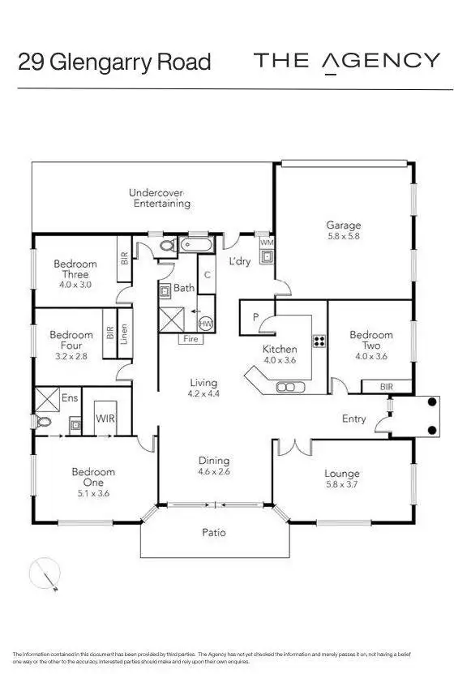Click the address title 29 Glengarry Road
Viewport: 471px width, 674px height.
point(114,62)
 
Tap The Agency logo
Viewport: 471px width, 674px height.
point(347,61)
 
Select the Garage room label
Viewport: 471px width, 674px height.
point(344,225)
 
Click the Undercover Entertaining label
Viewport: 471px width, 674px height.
point(161,198)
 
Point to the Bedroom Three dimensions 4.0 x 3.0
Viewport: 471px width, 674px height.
point(75,285)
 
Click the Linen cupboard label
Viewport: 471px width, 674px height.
point(124,334)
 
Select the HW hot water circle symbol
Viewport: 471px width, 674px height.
point(206,323)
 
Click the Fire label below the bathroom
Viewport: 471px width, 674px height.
point(191,338)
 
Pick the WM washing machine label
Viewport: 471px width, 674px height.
point(266,243)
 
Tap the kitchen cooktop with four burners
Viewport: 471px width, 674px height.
point(319,342)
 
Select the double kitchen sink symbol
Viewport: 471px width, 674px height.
point(288,387)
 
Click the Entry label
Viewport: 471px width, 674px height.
point(354,419)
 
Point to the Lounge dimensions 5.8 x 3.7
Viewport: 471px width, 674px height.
point(341,485)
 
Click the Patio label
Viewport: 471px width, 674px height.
point(214,533)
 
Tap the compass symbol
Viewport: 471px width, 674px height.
point(45,575)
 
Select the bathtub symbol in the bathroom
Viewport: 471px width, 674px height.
point(195,243)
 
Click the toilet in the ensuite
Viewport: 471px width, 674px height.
point(44,421)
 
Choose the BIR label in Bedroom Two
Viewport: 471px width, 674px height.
point(386,388)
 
